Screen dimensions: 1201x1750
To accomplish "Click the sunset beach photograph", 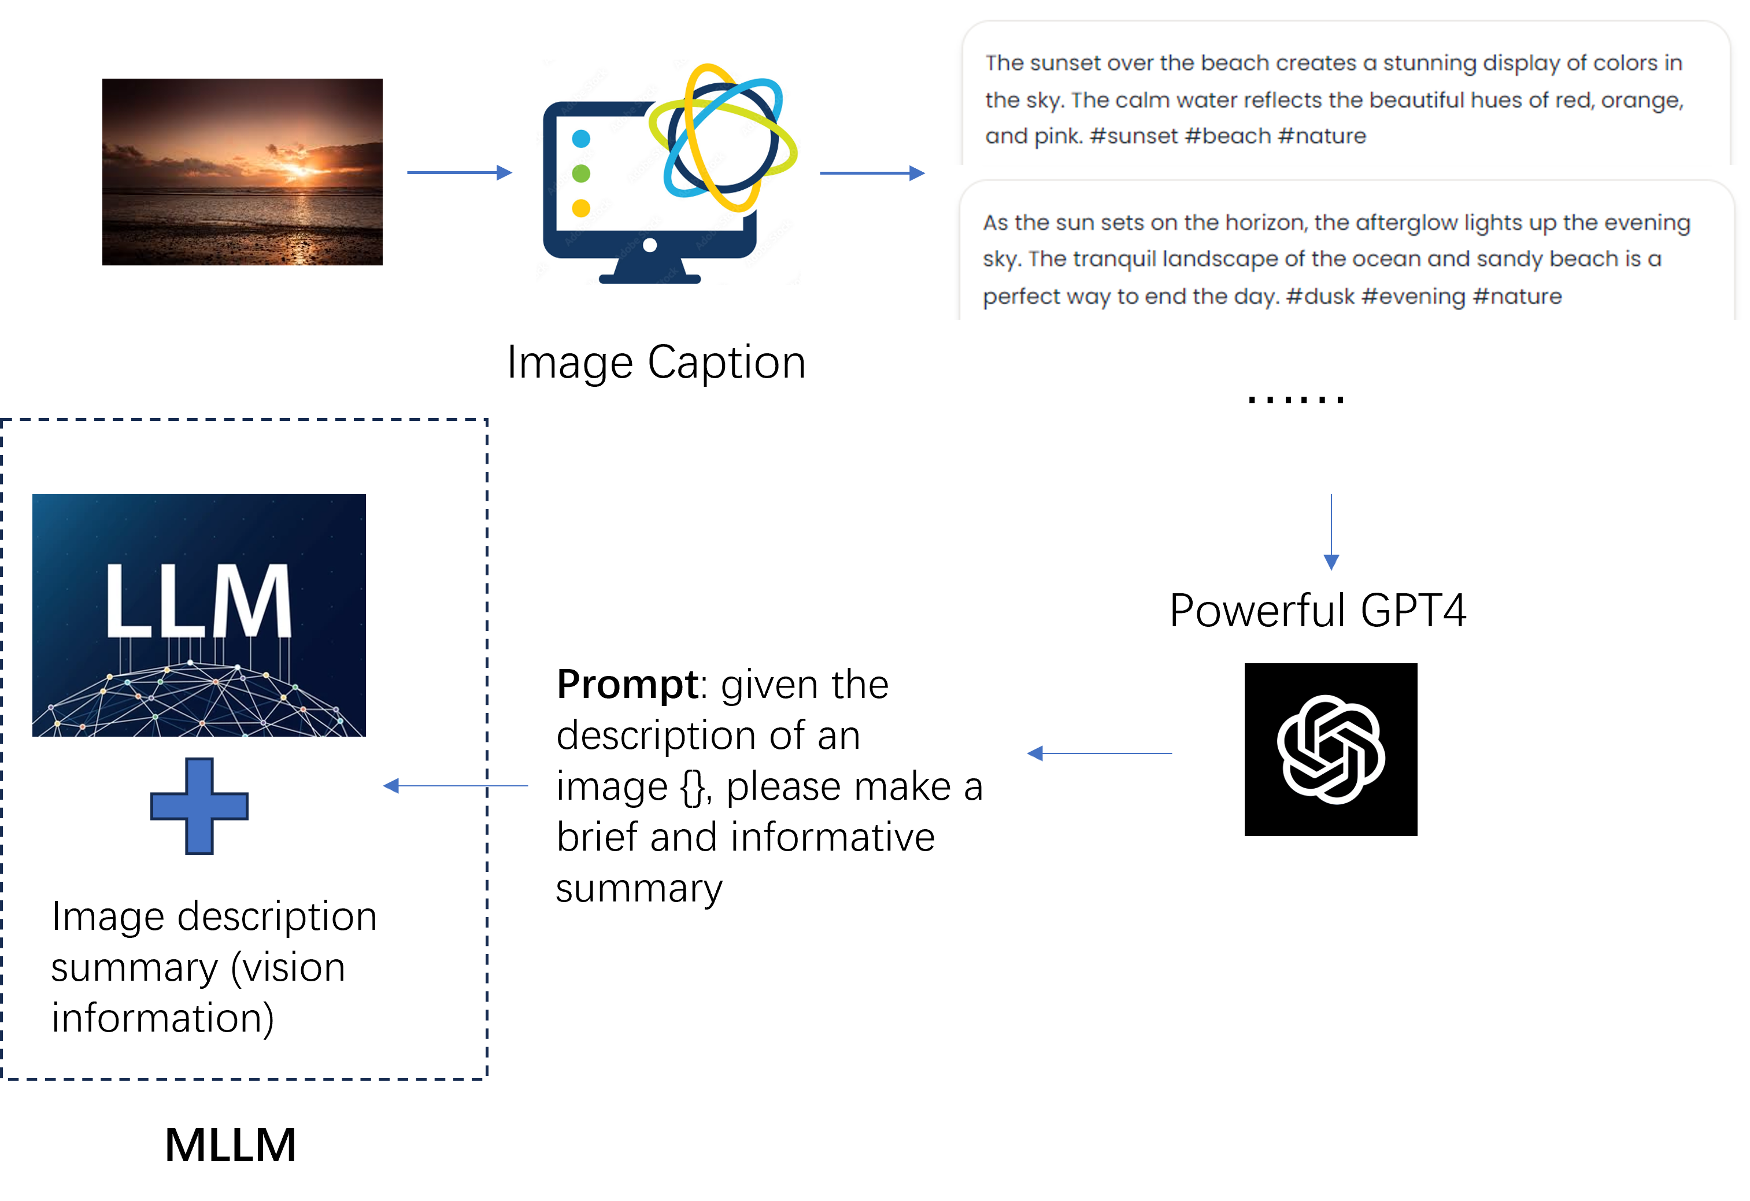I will pyautogui.click(x=242, y=172).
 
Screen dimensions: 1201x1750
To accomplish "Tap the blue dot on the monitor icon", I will pyautogui.click(x=580, y=139).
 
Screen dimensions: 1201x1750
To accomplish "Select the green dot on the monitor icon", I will pyautogui.click(x=580, y=173).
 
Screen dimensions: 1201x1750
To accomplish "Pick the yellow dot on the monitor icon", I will pyautogui.click(x=580, y=208).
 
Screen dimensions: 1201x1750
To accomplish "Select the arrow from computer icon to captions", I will pyautogui.click(x=871, y=173).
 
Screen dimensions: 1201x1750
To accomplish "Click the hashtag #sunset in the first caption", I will pyautogui.click(x=1133, y=136).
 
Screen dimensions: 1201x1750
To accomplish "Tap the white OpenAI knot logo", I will pyautogui.click(x=1331, y=749).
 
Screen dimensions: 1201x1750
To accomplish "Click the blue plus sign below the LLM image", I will pyautogui.click(x=199, y=805).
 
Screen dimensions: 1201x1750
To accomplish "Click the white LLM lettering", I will pyautogui.click(x=198, y=601).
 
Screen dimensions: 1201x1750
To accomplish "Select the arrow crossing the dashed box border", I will pyautogui.click(x=455, y=785).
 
